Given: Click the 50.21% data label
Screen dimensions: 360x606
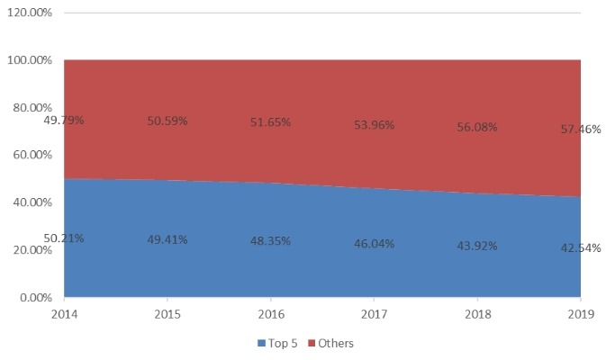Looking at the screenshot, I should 64,238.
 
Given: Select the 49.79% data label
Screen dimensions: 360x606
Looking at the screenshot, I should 64,119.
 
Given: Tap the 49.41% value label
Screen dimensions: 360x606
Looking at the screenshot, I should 167,240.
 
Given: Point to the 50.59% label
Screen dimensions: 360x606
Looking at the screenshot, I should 167,121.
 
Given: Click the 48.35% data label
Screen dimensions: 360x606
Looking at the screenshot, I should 270,242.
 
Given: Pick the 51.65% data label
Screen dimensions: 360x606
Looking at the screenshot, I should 270,122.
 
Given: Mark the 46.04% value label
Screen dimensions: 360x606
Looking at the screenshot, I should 374,244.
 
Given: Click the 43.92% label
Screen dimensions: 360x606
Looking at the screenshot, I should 476,246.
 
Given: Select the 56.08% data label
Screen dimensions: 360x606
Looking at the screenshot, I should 476,127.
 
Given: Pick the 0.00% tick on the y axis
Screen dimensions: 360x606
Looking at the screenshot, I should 37,297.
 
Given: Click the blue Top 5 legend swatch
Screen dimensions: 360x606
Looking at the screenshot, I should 261,343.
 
